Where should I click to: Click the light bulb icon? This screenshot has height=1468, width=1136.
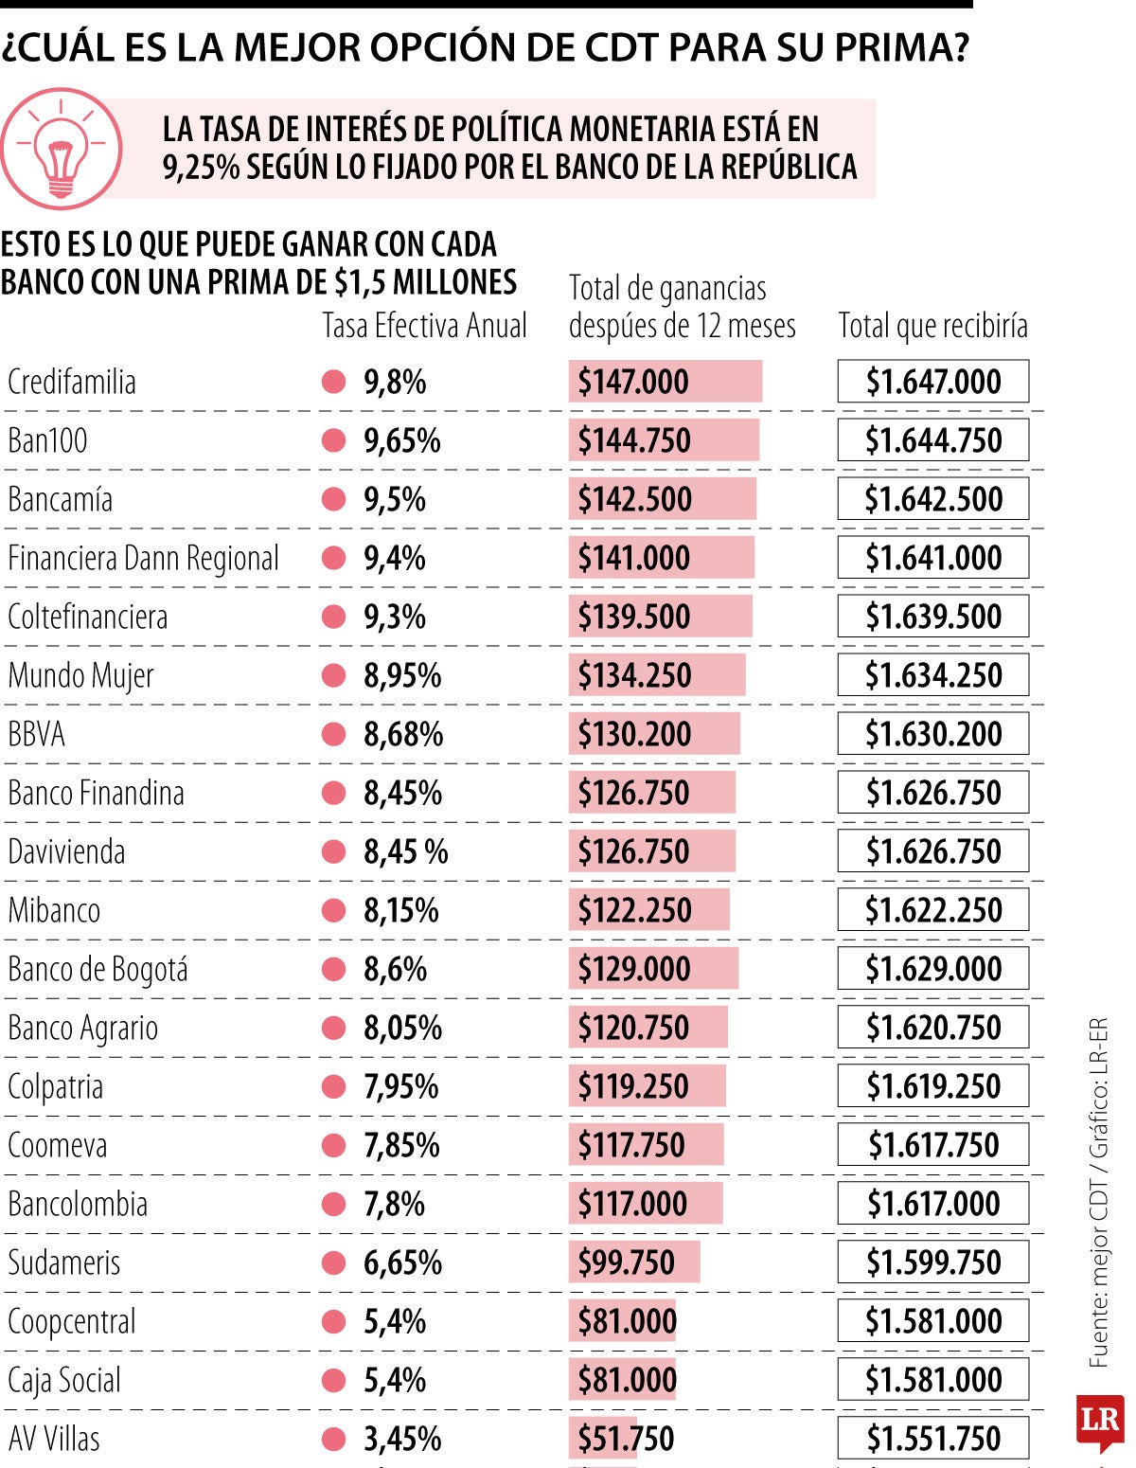tap(62, 150)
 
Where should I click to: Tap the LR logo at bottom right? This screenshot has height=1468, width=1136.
tap(1099, 1421)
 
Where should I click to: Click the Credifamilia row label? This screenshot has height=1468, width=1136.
tap(72, 383)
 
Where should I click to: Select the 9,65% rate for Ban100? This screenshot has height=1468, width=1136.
tap(401, 441)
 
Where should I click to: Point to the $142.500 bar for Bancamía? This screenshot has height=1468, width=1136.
tap(662, 500)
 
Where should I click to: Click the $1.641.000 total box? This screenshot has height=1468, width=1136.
tap(932, 559)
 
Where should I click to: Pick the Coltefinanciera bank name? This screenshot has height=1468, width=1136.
tap(87, 618)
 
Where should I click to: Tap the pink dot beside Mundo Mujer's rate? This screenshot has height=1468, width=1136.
tap(333, 676)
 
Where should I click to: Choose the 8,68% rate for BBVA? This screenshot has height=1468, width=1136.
tap(402, 735)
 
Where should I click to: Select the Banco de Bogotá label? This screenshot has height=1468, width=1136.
tap(98, 970)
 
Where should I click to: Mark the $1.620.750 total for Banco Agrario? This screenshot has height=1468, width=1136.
tap(932, 1029)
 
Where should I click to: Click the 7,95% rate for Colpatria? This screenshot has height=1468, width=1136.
tap(400, 1087)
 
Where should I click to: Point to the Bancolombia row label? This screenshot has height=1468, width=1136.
tap(78, 1205)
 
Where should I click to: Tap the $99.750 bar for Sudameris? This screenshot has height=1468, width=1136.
tap(633, 1263)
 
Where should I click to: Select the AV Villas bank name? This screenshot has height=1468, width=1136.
tap(54, 1440)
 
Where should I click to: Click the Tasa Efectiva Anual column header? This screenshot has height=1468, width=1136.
tap(424, 326)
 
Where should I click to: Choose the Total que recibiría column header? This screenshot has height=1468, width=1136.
tap(932, 326)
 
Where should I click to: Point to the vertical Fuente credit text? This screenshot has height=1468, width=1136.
tap(1098, 1193)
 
